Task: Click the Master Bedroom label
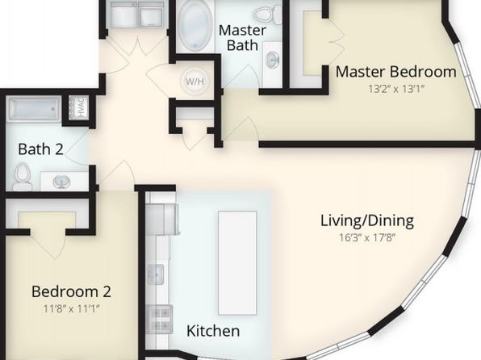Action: (x=395, y=72)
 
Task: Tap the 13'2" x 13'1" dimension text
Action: (x=396, y=89)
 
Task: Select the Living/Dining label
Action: (x=367, y=220)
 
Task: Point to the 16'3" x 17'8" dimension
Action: (x=367, y=237)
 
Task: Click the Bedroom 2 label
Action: (x=71, y=291)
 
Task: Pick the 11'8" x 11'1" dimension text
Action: (x=71, y=308)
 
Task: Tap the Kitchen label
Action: (x=213, y=331)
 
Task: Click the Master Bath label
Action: (x=242, y=38)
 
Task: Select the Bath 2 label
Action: (x=40, y=149)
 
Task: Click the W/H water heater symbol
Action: (x=194, y=82)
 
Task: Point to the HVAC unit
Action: (x=79, y=107)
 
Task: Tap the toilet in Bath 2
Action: (x=23, y=176)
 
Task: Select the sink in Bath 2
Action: (x=62, y=181)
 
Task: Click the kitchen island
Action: (x=237, y=262)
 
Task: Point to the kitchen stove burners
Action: (x=160, y=319)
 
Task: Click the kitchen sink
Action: (x=156, y=274)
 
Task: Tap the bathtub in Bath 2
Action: (x=35, y=108)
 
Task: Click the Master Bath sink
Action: (x=273, y=59)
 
